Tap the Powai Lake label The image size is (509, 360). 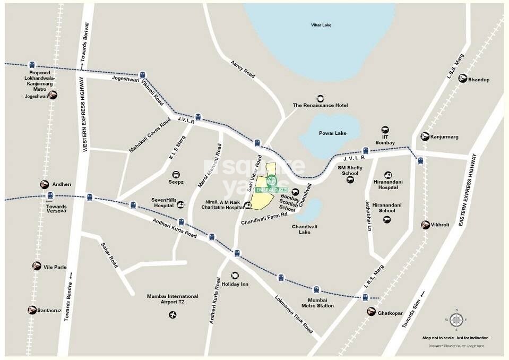click(x=333, y=133)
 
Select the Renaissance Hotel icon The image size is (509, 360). click(x=321, y=98)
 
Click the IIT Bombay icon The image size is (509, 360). click(x=386, y=130)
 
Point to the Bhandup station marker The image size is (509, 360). click(x=463, y=79)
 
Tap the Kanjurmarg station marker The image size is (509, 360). click(x=425, y=136)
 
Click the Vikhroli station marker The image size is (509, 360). click(x=425, y=225)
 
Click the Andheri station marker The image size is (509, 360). click(x=45, y=185)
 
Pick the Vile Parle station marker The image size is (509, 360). click(x=37, y=267)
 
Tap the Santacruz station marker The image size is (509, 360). click(x=33, y=310)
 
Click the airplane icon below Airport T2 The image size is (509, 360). click(x=171, y=315)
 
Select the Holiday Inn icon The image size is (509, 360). click(x=235, y=275)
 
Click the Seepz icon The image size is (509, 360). click(x=176, y=174)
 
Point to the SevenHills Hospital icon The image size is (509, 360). click(x=181, y=204)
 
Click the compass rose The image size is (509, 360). click(x=456, y=320)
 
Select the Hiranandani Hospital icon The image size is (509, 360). click(x=389, y=175)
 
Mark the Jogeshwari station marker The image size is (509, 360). click(x=52, y=95)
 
